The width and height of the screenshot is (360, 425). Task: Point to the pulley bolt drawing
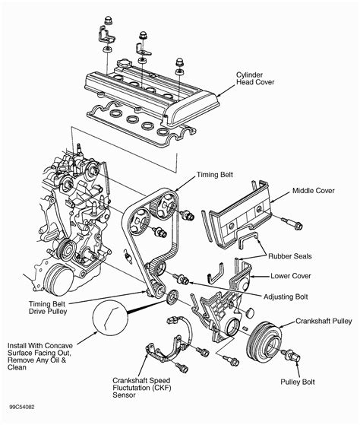click(x=291, y=355)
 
